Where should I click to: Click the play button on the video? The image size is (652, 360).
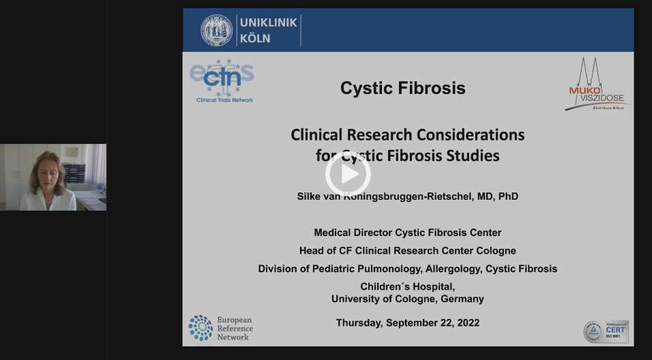[x=348, y=175]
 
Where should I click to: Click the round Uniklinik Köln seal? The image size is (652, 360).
[x=216, y=30]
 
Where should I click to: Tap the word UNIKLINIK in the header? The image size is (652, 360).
[x=268, y=22]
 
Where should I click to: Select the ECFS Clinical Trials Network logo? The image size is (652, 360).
[x=222, y=80]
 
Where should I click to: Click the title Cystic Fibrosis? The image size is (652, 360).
[x=402, y=88]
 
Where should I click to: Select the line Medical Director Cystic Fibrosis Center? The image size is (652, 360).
[x=407, y=232]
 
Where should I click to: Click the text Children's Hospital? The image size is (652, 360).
[x=407, y=286]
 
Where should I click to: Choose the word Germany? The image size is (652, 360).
[x=462, y=299]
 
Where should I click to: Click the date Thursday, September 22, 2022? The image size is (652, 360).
[x=407, y=322]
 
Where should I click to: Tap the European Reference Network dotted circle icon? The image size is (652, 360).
[x=201, y=327]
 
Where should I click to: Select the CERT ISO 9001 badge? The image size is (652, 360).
[x=606, y=331]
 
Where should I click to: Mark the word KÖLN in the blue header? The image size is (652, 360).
[x=254, y=38]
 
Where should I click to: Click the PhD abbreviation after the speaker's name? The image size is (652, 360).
[x=508, y=196]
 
